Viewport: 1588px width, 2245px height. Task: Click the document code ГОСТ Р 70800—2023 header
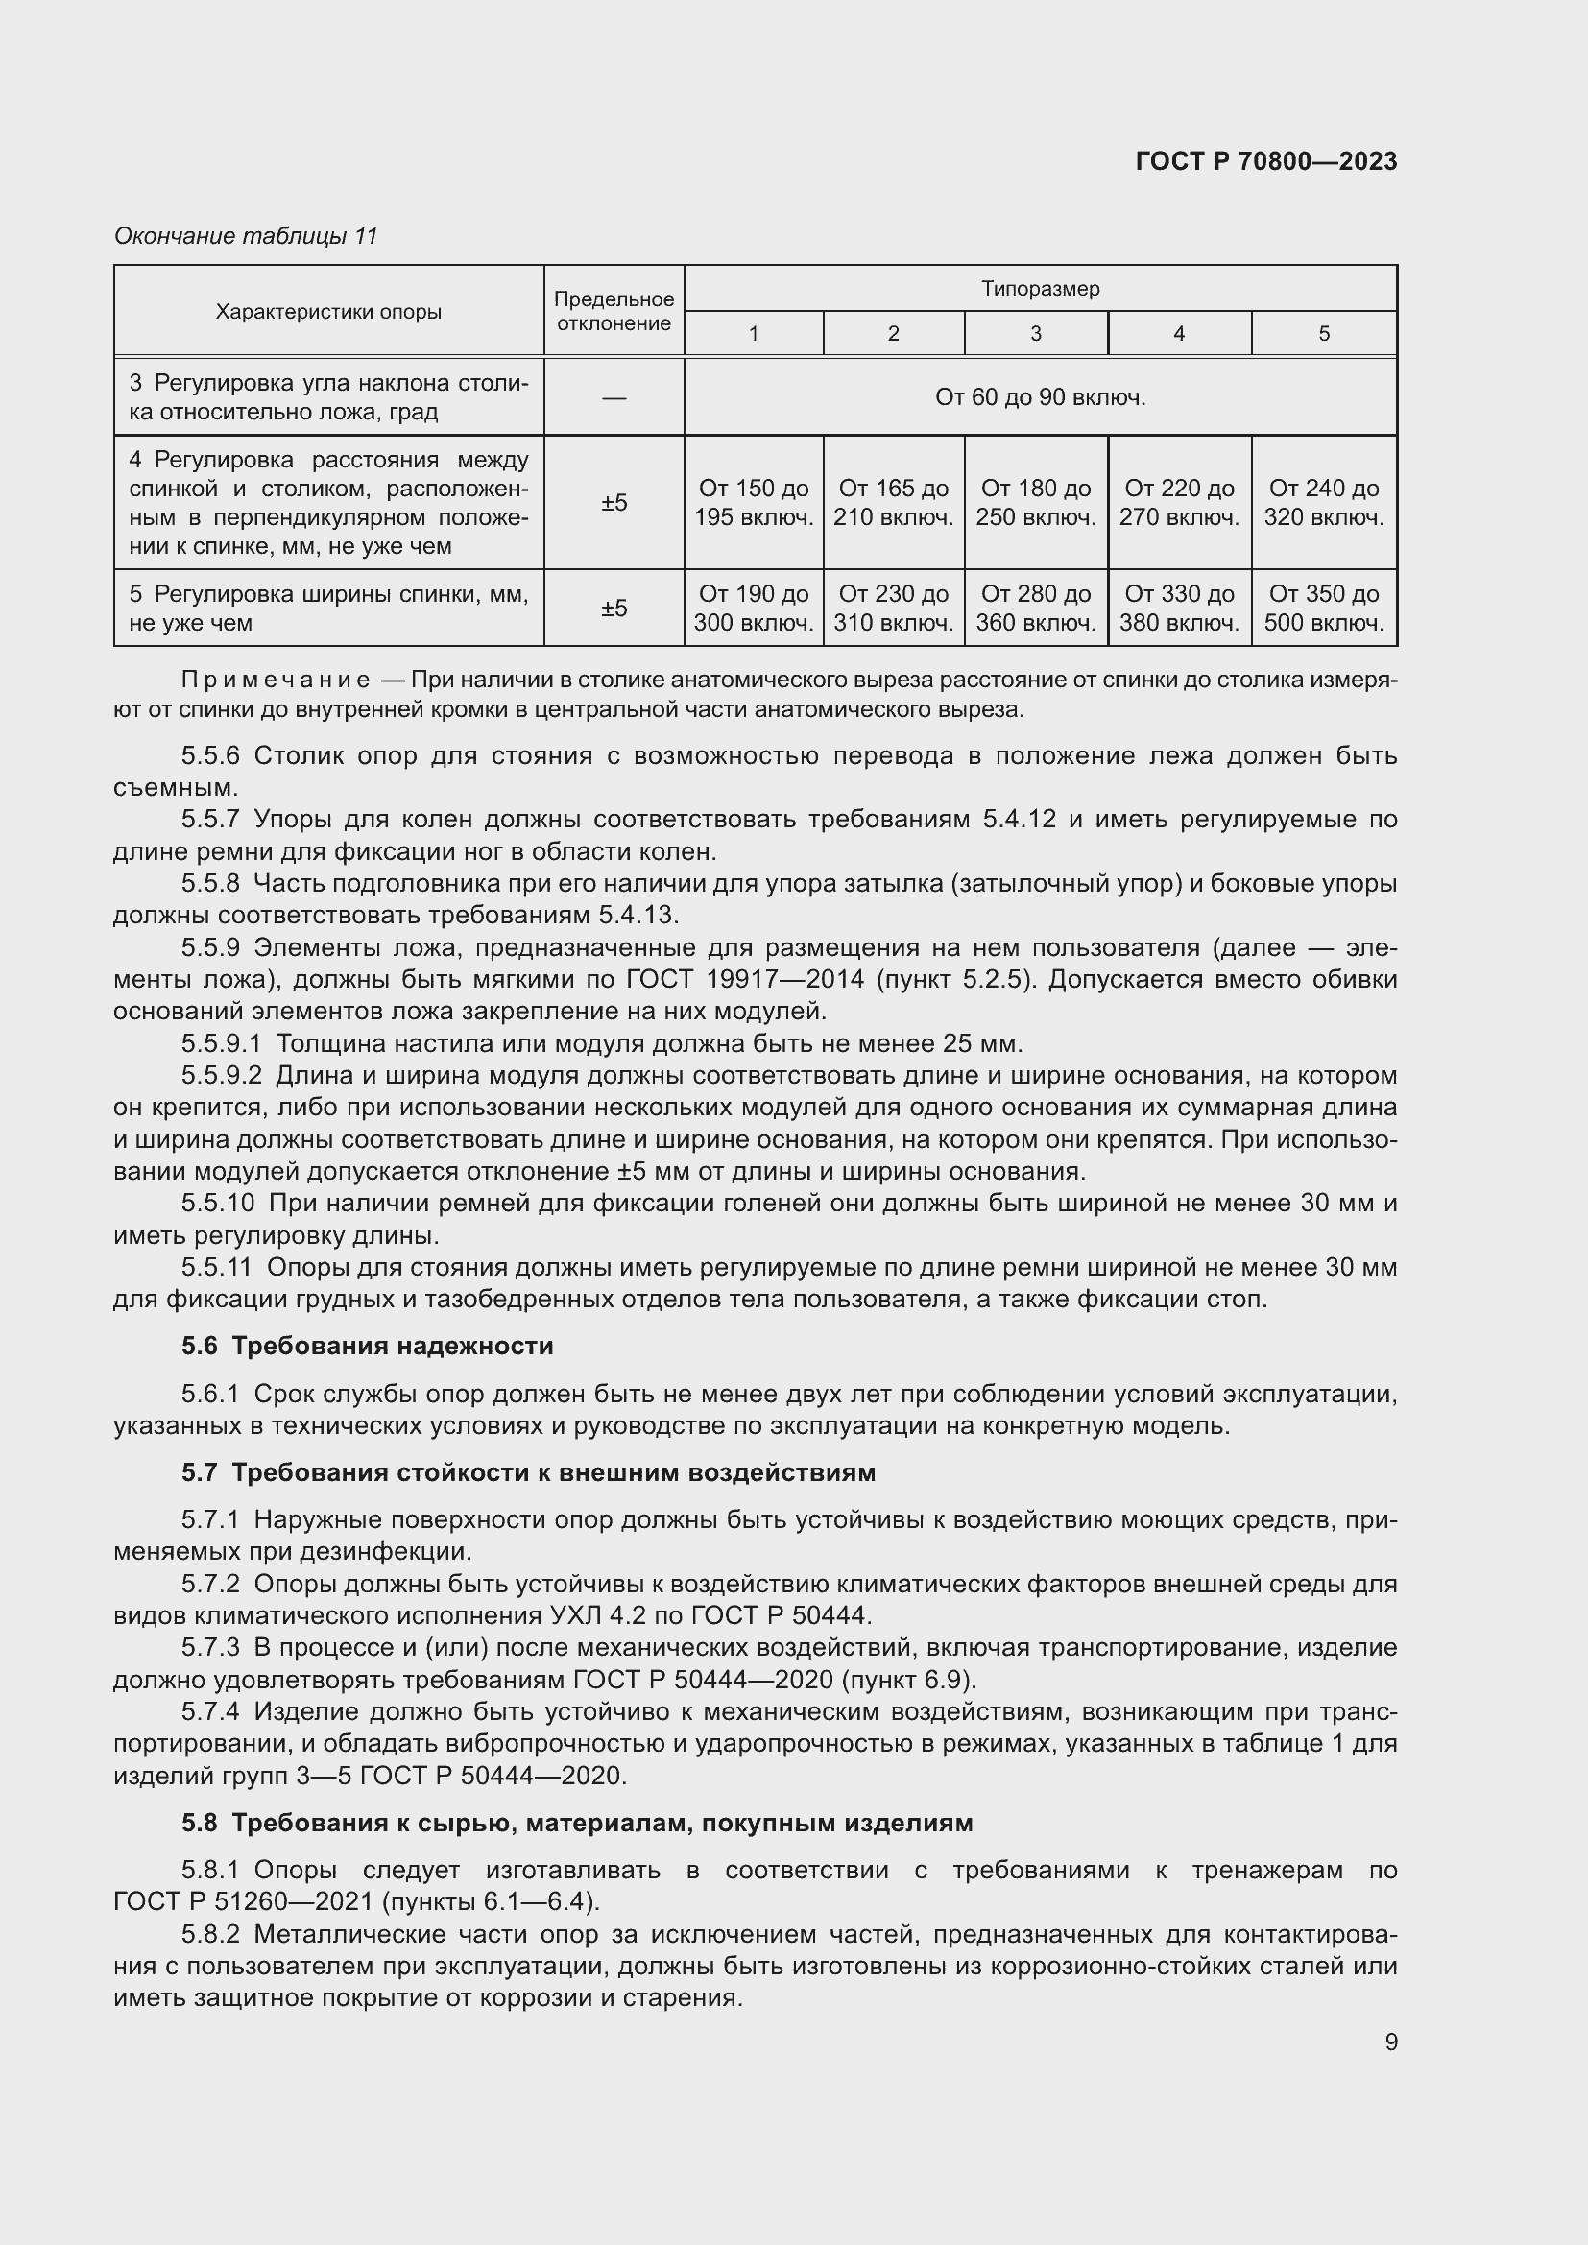tap(1265, 161)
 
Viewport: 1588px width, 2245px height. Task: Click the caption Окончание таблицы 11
tap(246, 236)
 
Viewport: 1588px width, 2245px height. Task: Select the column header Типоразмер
tap(1040, 289)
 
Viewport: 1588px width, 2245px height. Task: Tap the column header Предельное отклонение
tap(614, 311)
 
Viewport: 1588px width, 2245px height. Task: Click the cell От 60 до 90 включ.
tap(1040, 397)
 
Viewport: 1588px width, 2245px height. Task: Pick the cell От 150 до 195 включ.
tap(753, 502)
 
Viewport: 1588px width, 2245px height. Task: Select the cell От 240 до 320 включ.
tap(1323, 502)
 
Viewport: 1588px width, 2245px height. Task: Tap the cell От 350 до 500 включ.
tap(1323, 608)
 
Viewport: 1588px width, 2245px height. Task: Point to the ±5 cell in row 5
tap(614, 609)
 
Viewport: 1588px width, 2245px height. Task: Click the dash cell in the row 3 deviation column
tap(614, 398)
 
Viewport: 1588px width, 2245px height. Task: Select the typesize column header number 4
tap(1178, 333)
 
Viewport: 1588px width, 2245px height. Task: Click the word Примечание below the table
tap(275, 680)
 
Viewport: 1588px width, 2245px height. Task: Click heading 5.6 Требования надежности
tap(367, 1346)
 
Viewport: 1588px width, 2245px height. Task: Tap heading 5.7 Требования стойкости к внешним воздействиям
tap(528, 1471)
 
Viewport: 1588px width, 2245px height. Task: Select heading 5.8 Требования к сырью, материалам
tap(577, 1823)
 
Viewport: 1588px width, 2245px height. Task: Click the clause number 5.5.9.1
tap(221, 1043)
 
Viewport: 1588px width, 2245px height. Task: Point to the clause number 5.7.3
tap(210, 1648)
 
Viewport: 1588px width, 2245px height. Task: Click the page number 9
tap(1390, 2042)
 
